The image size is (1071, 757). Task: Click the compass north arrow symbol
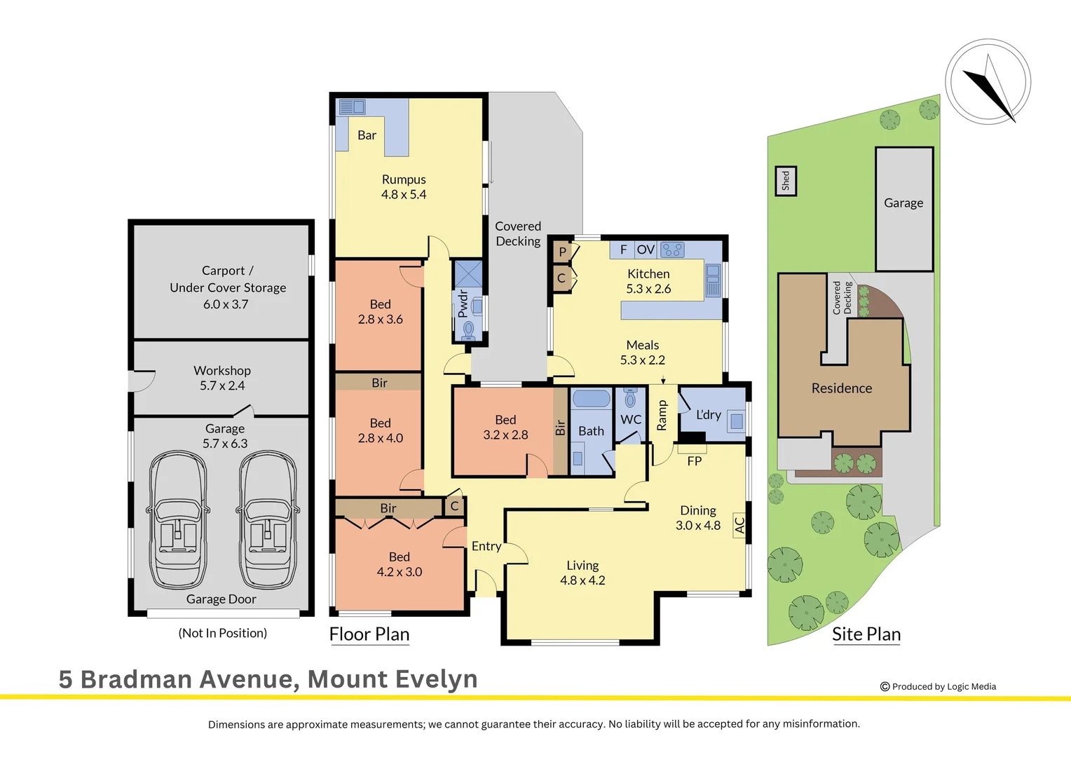tap(988, 87)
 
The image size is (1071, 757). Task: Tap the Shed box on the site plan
tap(785, 181)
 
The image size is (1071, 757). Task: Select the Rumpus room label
tap(404, 179)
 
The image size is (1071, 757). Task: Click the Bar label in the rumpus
tap(367, 135)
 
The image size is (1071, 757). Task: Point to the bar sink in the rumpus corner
tap(352, 107)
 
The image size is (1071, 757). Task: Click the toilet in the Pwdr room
tap(468, 329)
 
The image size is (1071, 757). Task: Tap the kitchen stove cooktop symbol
tap(672, 250)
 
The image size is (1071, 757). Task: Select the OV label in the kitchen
tap(646, 250)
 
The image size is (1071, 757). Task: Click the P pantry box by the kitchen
tap(562, 252)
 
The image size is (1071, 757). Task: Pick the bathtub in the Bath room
tap(591, 399)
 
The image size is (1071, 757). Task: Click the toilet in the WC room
tap(630, 398)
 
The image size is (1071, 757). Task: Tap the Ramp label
tap(662, 415)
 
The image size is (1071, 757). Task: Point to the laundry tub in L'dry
tap(736, 421)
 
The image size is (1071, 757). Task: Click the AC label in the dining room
tap(739, 524)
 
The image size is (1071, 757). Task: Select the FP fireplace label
tap(694, 461)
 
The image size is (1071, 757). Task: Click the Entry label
tap(486, 546)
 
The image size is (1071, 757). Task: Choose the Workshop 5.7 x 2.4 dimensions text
tap(222, 386)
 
